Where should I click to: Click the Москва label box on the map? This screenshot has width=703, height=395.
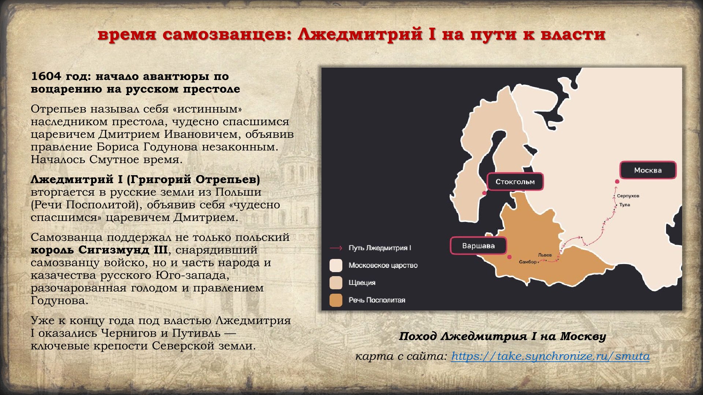(x=648, y=170)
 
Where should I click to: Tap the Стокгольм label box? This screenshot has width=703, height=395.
(x=515, y=182)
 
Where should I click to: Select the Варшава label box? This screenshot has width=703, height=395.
(x=478, y=246)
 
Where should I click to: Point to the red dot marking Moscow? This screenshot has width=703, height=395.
(x=617, y=181)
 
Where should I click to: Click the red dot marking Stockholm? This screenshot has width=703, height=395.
(x=484, y=193)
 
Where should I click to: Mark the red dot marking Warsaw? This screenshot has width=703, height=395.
(x=509, y=257)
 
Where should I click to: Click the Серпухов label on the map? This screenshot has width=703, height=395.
(x=628, y=196)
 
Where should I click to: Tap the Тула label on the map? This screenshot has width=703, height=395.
(x=625, y=205)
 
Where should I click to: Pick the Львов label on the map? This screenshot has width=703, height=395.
(x=545, y=255)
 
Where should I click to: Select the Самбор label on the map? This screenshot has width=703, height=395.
(x=528, y=262)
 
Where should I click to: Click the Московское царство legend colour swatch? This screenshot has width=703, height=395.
(x=336, y=265)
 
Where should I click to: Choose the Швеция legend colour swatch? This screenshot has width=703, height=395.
(x=336, y=283)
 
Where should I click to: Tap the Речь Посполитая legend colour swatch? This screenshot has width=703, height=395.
(x=336, y=300)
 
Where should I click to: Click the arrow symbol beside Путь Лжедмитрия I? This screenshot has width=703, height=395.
(x=336, y=248)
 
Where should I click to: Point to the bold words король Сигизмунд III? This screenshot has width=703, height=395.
(x=99, y=250)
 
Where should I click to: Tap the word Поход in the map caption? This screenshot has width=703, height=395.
(x=417, y=336)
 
